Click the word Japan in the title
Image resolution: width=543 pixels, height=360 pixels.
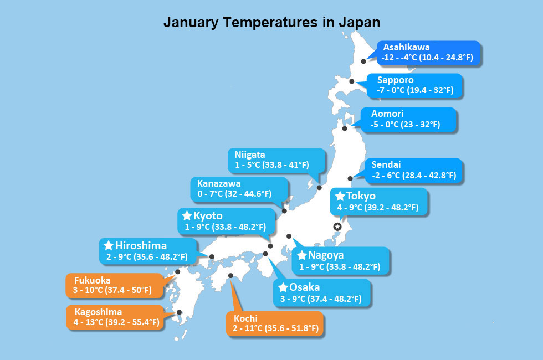(x=359, y=22)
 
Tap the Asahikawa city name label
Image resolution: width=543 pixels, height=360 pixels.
(x=406, y=47)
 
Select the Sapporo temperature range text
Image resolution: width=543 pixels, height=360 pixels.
(x=415, y=90)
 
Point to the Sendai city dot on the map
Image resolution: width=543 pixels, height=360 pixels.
(x=350, y=178)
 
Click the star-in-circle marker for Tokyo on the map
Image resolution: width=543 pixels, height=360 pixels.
(x=336, y=226)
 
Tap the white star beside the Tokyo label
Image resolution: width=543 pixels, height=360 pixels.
(x=340, y=197)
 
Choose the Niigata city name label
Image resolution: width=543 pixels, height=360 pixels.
(x=249, y=155)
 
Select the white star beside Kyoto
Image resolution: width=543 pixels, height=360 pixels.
(x=186, y=215)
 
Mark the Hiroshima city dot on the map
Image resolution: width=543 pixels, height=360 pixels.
(x=212, y=256)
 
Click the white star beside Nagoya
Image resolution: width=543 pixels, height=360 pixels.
(x=302, y=255)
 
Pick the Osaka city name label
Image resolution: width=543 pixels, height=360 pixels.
(x=304, y=287)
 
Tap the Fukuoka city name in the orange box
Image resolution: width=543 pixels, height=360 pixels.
(x=92, y=280)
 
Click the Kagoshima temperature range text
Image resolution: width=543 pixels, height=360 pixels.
(x=116, y=322)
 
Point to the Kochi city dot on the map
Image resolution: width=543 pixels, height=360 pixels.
(x=230, y=275)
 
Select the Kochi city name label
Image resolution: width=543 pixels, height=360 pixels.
(x=246, y=319)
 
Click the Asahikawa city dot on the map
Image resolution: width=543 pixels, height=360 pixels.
(x=364, y=61)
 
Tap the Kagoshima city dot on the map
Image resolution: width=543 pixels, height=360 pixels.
(x=179, y=312)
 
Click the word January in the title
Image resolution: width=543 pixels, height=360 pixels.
(x=190, y=22)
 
